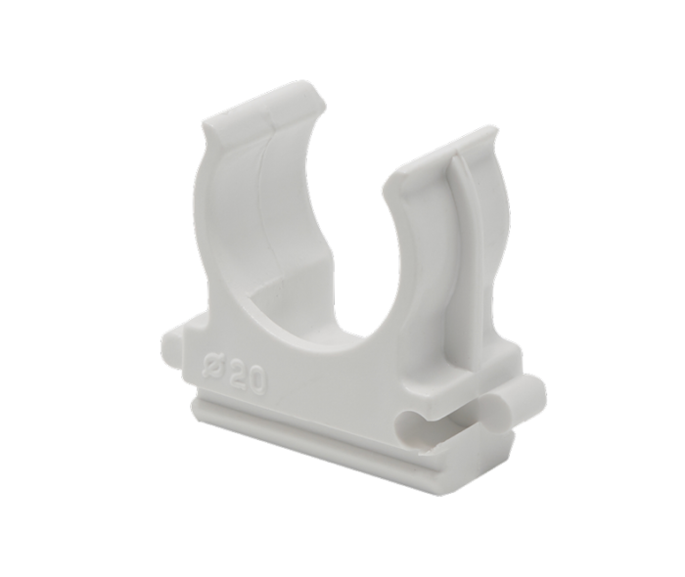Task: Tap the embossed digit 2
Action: [x=238, y=377]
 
